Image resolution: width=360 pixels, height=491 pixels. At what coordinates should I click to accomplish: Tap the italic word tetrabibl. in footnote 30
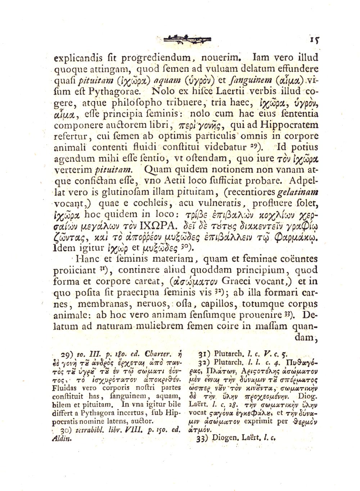88,432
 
